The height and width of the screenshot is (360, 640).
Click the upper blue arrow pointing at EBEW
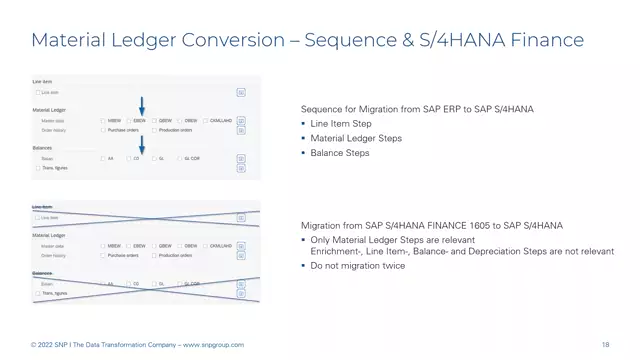(141, 104)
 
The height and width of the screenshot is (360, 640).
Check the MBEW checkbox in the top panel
(103, 120)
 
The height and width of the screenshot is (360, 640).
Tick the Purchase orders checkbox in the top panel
(103, 130)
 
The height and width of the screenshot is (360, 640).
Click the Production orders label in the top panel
(176, 130)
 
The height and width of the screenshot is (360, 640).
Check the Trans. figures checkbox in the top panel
(38, 167)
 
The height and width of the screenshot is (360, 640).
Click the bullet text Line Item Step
(344, 124)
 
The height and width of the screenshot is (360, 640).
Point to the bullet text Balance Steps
(340, 153)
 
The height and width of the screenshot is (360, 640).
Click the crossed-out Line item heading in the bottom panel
(44, 207)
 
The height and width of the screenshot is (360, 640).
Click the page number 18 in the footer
(606, 345)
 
